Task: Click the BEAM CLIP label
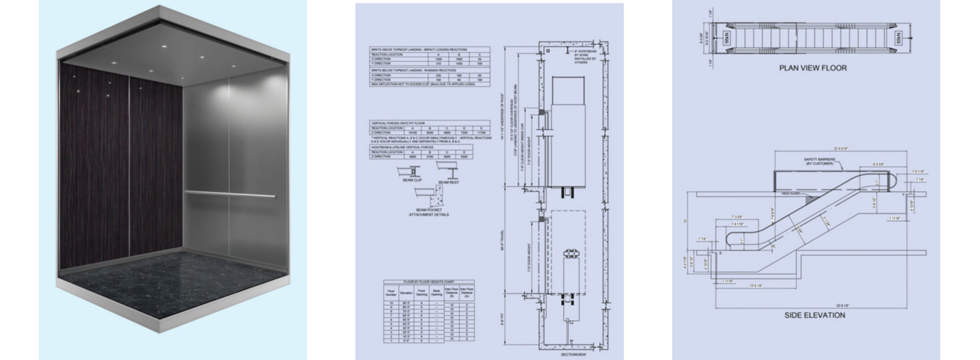point(412,180)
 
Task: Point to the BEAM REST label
point(448,182)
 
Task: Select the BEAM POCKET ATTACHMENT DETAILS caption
point(429,212)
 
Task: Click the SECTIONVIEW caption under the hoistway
point(573,354)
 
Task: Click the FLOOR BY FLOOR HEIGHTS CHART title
point(429,282)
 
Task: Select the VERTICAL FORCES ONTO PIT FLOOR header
point(398,123)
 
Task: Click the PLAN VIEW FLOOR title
point(813,68)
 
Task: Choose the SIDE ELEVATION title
point(815,316)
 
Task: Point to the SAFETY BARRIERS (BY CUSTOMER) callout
point(819,161)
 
